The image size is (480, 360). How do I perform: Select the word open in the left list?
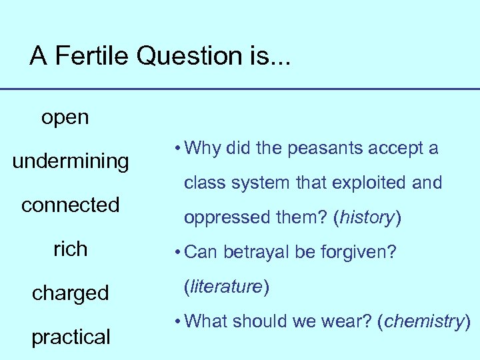[x=65, y=118]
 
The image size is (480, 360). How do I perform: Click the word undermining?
[x=71, y=161]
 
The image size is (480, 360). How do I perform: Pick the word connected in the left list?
[x=70, y=205]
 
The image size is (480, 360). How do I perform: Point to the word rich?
[x=70, y=249]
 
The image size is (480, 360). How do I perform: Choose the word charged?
[x=71, y=293]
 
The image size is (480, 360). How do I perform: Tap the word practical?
[x=71, y=337]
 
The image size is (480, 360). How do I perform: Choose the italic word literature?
[x=225, y=287]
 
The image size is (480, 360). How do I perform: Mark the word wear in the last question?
[x=351, y=322]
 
